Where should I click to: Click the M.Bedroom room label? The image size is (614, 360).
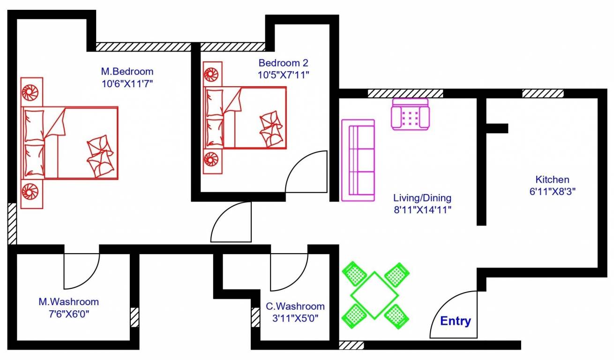(x=127, y=72)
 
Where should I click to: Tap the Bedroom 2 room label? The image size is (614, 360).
(x=283, y=63)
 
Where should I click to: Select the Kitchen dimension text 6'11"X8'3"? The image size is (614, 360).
(x=552, y=191)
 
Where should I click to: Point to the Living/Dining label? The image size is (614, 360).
(x=422, y=198)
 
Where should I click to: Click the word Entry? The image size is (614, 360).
(x=455, y=322)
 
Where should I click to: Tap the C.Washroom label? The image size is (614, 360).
(x=295, y=307)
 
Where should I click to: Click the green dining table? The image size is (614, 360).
(x=374, y=295)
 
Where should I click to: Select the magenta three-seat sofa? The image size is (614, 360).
(x=358, y=160)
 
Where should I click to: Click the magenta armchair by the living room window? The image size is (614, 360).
(x=411, y=114)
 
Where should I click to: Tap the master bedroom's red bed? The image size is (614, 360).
(x=70, y=142)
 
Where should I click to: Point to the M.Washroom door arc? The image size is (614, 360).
(x=82, y=271)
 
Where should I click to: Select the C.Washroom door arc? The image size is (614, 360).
(x=289, y=272)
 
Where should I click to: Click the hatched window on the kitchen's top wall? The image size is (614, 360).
(x=542, y=93)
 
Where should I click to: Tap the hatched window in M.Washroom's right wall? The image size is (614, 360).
(x=135, y=317)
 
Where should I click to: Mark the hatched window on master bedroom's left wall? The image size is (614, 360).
(x=12, y=224)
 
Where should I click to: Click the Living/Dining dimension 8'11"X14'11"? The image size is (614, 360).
(x=422, y=210)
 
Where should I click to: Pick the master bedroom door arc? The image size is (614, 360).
(x=232, y=222)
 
